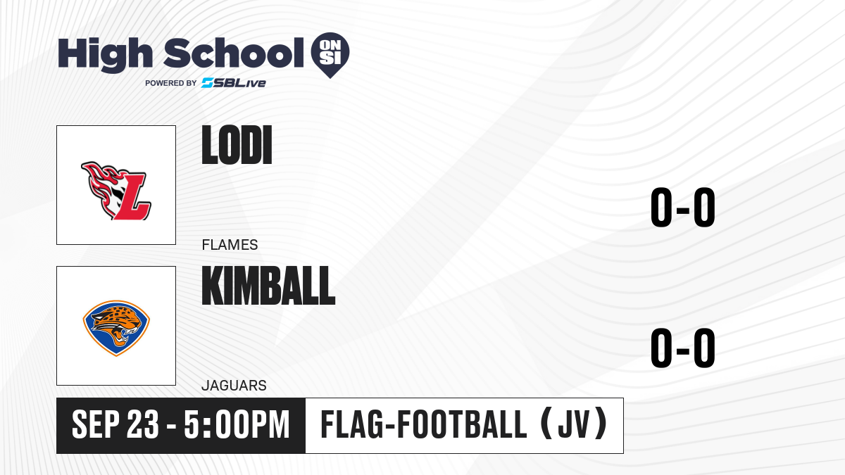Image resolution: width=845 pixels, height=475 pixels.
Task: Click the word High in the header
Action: pyautogui.click(x=106, y=54)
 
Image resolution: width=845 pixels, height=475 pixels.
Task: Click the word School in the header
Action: pyautogui.click(x=234, y=52)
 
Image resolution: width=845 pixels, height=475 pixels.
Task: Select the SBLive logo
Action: pyautogui.click(x=234, y=83)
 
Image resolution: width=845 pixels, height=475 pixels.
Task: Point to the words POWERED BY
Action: pyautogui.click(x=171, y=83)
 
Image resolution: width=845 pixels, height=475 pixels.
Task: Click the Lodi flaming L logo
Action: pyautogui.click(x=116, y=191)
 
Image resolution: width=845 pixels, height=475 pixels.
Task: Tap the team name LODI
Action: pyautogui.click(x=237, y=145)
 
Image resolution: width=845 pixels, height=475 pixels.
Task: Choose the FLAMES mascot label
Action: pyautogui.click(x=230, y=245)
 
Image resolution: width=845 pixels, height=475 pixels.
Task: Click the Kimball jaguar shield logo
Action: pyautogui.click(x=116, y=328)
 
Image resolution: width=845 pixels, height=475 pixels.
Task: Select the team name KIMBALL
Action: pyautogui.click(x=268, y=286)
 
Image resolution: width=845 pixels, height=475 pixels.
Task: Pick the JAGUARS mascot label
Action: pyautogui.click(x=234, y=386)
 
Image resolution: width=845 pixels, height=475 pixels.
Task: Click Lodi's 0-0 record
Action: pyautogui.click(x=683, y=208)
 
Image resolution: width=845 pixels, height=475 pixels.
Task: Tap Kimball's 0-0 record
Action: pyautogui.click(x=683, y=348)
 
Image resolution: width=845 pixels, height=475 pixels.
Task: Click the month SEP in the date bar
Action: pyautogui.click(x=96, y=424)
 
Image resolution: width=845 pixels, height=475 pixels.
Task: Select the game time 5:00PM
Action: pyautogui.click(x=237, y=424)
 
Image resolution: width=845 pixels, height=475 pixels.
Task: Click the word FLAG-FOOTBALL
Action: pyautogui.click(x=423, y=424)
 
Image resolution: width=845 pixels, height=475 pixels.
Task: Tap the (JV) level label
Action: pyautogui.click(x=574, y=424)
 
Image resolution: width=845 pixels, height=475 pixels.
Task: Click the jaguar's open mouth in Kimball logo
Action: pyautogui.click(x=121, y=336)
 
